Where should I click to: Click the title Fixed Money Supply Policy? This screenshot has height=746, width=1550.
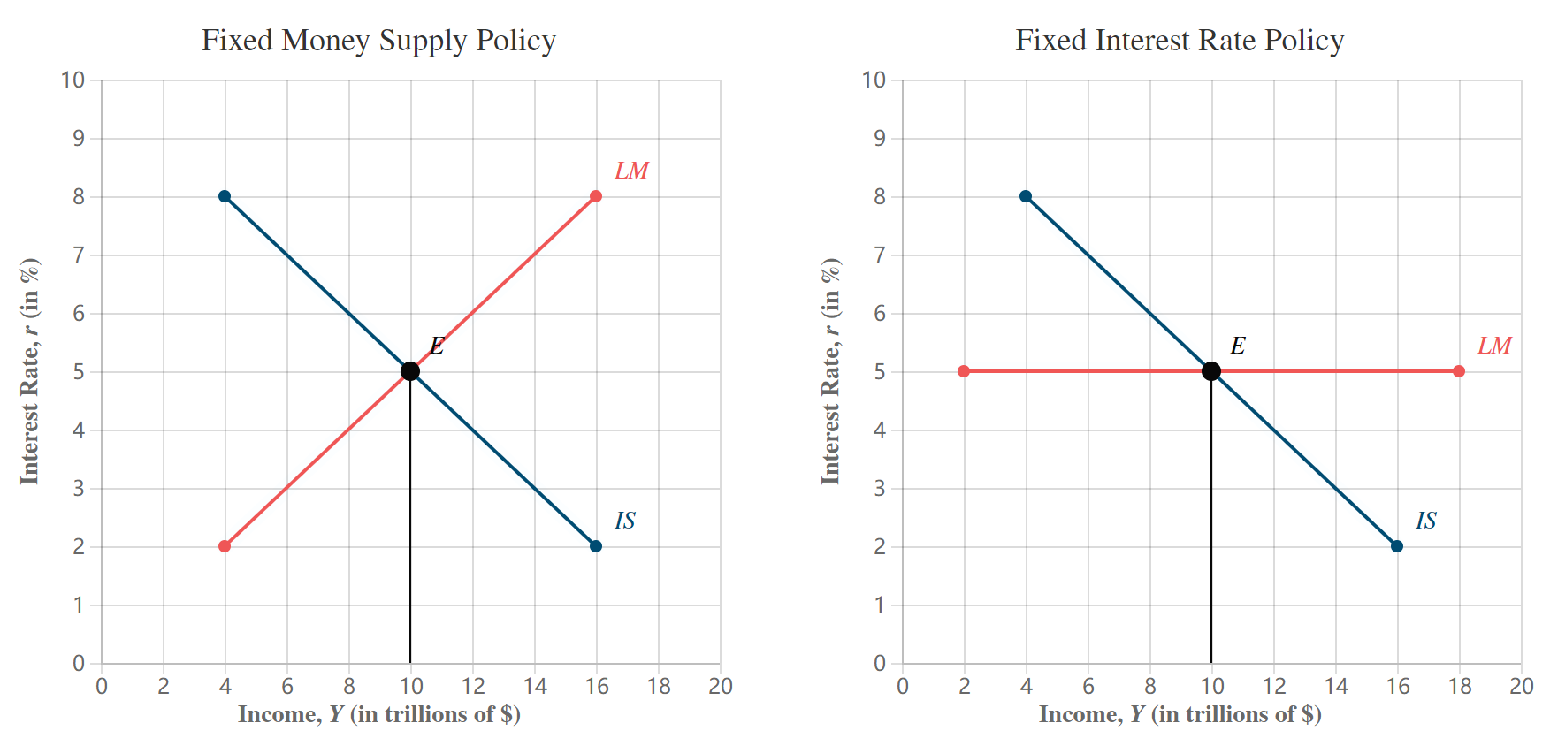coord(378,41)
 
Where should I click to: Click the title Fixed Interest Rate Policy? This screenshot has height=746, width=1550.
coord(1180,41)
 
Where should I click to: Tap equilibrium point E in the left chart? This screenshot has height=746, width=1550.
coord(410,371)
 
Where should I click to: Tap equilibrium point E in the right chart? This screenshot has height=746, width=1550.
coord(1211,371)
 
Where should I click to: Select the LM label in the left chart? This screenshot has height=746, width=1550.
coord(631,171)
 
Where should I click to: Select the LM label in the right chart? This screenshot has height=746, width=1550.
coord(1494,346)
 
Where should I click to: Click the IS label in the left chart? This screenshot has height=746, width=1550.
coord(625,521)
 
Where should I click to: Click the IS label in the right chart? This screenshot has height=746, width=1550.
coord(1426,521)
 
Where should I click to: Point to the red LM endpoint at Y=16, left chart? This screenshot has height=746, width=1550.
coord(596,196)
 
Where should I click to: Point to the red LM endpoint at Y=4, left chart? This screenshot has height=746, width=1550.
coord(225,546)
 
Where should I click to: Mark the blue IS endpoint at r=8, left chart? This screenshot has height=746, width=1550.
coord(225,196)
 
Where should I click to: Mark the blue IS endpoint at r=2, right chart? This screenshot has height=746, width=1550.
coord(1397,546)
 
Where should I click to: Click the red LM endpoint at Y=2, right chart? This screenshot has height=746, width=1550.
coord(964,371)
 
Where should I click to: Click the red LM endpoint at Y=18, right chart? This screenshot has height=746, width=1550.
coord(1459,371)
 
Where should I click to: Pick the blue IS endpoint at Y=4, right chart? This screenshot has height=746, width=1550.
coord(1026,196)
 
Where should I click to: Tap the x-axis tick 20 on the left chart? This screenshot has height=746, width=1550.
coord(720,687)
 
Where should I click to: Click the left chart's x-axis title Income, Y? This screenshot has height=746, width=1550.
coord(378,714)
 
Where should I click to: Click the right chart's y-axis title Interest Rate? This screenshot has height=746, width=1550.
coord(830,371)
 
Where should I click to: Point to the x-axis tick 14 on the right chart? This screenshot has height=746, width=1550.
coord(1335,687)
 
